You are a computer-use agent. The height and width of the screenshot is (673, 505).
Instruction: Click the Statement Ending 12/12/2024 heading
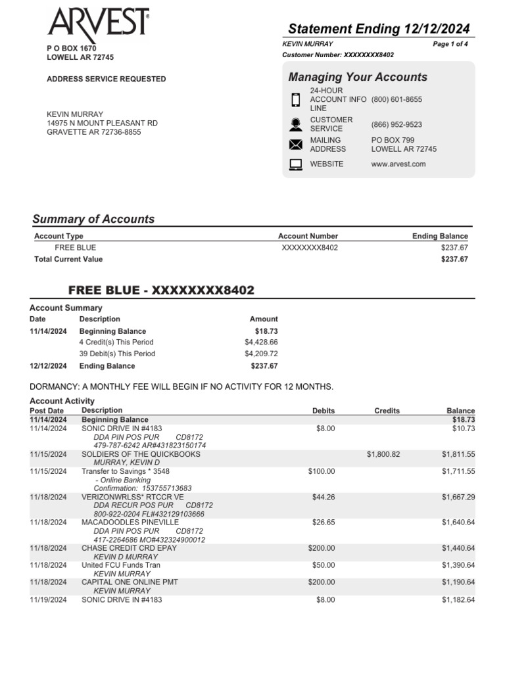point(379,28)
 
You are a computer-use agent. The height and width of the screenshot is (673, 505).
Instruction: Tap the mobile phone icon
point(296,100)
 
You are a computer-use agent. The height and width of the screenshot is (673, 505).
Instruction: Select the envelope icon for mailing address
point(296,145)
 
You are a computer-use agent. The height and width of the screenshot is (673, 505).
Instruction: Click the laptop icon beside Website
point(296,164)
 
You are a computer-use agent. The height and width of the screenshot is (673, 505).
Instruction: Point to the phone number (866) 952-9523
point(397,125)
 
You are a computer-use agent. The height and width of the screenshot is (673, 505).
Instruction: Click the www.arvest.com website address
point(398,164)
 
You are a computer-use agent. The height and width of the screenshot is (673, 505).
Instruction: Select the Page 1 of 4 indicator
point(450,44)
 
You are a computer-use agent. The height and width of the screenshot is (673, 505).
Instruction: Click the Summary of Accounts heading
point(93,220)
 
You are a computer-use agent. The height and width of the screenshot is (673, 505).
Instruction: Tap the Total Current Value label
point(68,260)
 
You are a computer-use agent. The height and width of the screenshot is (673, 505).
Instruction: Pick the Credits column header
point(387,411)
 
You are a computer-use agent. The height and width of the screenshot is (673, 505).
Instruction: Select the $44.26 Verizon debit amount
point(321,497)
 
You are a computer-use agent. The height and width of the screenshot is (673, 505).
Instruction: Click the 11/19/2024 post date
point(48,600)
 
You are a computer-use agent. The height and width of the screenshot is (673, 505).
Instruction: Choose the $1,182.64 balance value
point(458,600)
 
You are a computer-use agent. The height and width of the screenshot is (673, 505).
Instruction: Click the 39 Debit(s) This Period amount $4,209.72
point(260,354)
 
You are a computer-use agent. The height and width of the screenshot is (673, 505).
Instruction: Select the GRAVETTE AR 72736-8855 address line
point(93,132)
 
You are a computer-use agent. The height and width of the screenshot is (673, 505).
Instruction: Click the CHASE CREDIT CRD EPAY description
point(129,548)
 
